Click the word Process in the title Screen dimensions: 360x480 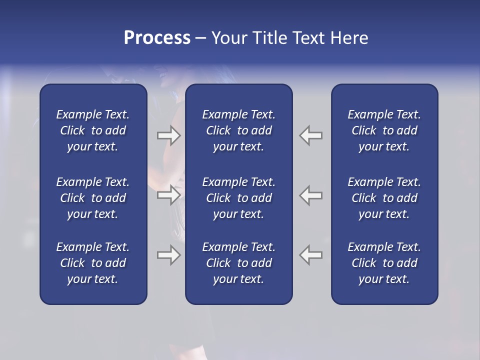click(157, 38)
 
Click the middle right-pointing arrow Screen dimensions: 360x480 click(169, 195)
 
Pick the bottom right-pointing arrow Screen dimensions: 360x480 click(169, 255)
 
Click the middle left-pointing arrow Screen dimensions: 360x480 click(311, 195)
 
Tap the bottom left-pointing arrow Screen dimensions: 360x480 click(311, 255)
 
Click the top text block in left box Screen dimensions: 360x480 click(93, 130)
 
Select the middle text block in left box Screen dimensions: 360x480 click(93, 198)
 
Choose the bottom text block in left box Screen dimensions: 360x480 click(93, 263)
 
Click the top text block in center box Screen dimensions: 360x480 click(238, 130)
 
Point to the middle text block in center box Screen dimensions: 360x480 click(238, 198)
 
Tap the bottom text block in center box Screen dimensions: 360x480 click(238, 263)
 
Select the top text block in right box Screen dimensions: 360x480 click(384, 130)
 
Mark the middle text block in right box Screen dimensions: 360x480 click(384, 198)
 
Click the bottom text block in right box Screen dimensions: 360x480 click(384, 263)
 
